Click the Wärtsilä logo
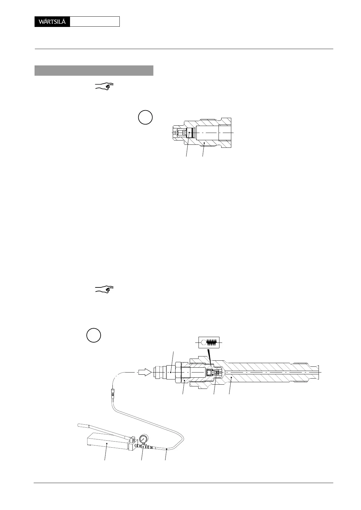(52, 22)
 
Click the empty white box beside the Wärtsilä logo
(95, 22)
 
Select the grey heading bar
(94, 70)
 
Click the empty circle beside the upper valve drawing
(145, 118)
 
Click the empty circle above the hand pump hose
(94, 335)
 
